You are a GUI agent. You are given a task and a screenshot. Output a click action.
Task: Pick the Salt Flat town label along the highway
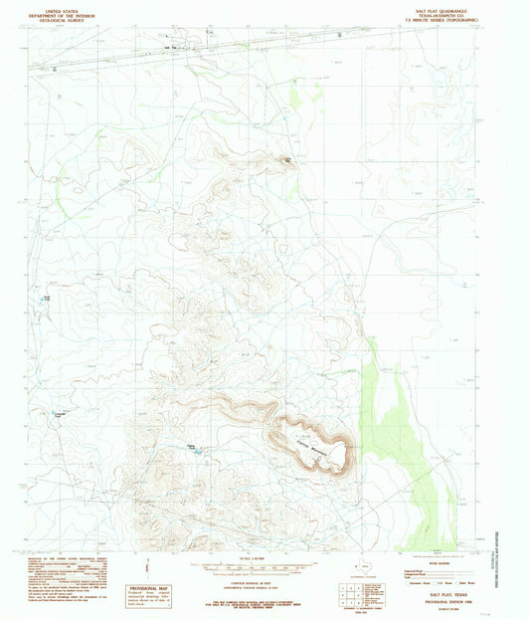tap(180, 46)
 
